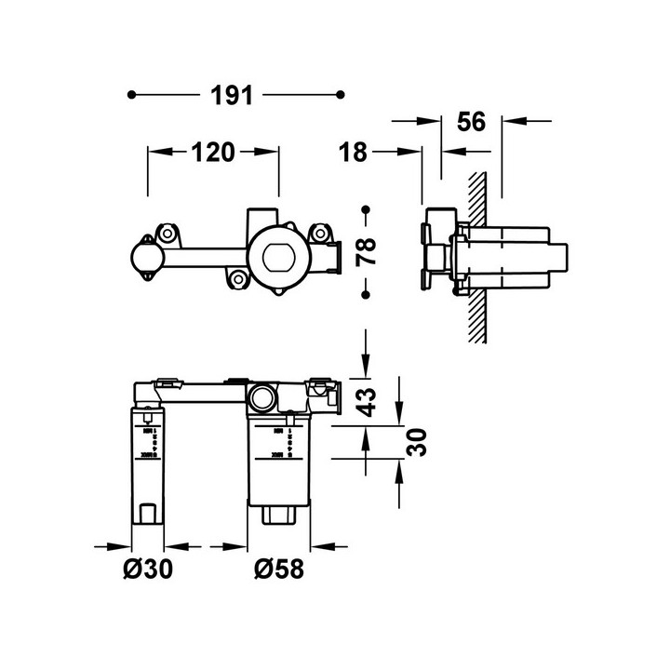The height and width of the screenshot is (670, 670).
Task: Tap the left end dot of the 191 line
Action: point(133,94)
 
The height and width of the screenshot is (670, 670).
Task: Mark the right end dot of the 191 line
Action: point(342,94)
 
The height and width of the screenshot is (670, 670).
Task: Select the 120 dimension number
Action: point(213,153)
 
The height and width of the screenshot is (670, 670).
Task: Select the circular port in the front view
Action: point(261,398)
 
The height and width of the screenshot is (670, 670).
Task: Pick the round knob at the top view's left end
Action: point(147,258)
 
